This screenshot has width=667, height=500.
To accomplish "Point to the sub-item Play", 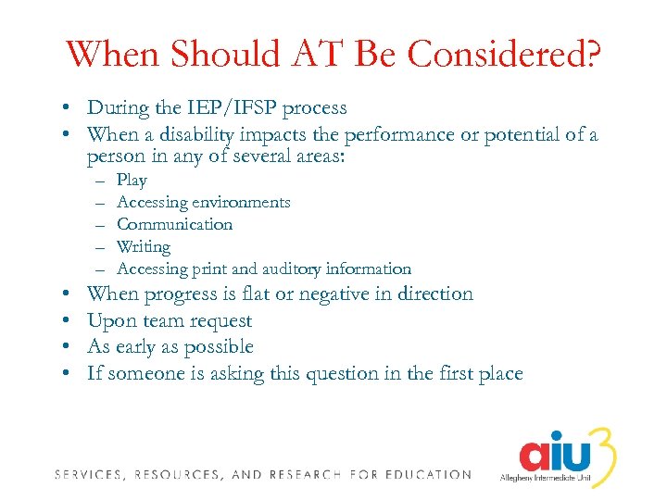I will click(132, 181).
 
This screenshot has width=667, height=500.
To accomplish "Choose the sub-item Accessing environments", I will click(204, 202).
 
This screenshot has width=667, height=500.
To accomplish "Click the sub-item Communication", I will click(175, 224).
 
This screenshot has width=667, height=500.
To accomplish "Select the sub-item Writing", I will click(144, 246).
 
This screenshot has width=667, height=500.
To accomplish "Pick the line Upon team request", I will click(170, 321).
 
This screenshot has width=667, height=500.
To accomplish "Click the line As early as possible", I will click(170, 347).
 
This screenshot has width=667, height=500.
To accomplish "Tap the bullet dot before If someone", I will click(70, 374).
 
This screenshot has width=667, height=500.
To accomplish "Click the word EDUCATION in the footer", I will click(426, 475).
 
